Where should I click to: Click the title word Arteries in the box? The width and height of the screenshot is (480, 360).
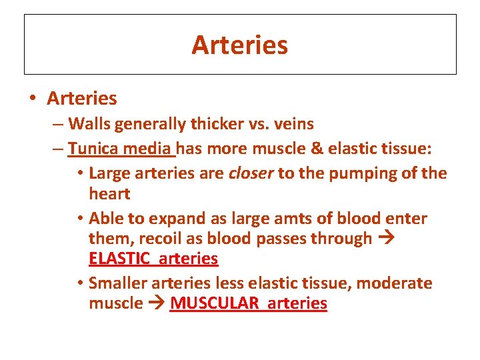click(240, 45)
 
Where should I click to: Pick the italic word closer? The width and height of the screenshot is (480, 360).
click(251, 173)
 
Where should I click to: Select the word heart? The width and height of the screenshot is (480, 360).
click(109, 194)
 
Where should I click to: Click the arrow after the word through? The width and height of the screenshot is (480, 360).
click(387, 239)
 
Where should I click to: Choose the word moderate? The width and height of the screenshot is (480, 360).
click(394, 283)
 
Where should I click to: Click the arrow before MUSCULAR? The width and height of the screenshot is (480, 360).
click(157, 304)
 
